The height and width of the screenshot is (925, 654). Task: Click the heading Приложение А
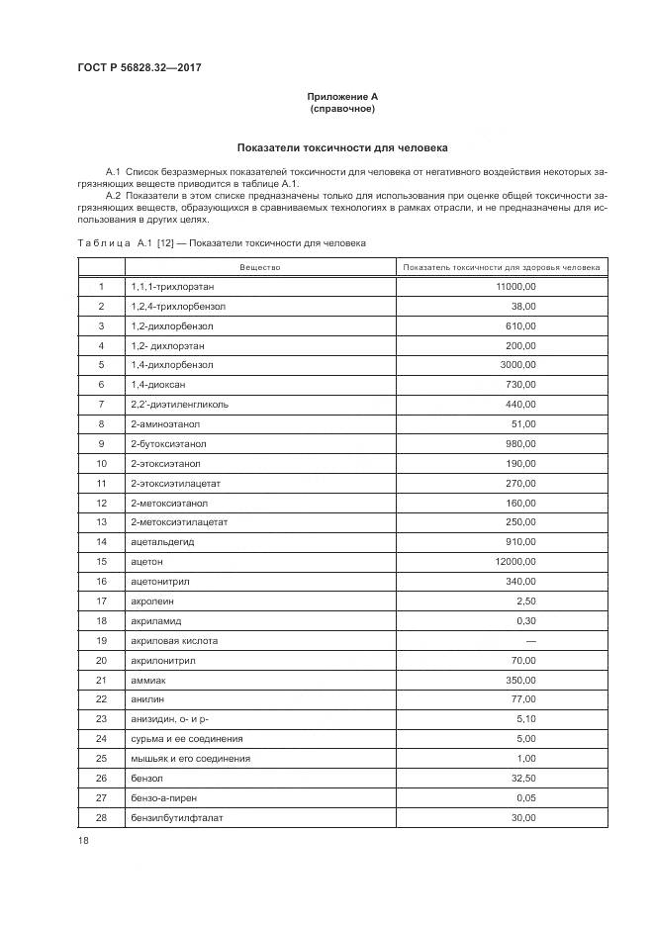tap(341, 96)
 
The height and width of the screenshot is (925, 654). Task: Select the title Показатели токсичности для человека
tap(341, 147)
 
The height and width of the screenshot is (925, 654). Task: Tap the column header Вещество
tap(260, 267)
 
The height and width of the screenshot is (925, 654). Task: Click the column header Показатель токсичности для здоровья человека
tap(502, 267)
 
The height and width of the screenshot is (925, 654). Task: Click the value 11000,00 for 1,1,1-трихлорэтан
tap(514, 286)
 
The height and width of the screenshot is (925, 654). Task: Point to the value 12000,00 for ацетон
tap(514, 561)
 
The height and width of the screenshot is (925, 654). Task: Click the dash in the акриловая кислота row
tap(530, 640)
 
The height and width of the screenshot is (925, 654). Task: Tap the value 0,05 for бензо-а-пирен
tap(525, 797)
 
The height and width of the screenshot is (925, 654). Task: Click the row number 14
tap(101, 542)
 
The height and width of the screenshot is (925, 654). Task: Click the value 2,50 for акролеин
tap(525, 601)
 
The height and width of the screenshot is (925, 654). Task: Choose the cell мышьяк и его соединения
tap(190, 758)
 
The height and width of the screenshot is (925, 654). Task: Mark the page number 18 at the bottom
tap(83, 841)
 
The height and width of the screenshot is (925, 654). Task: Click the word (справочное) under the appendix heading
tap(341, 108)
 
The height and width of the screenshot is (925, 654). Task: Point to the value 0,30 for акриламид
tap(525, 620)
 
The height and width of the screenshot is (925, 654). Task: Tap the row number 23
tap(101, 719)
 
